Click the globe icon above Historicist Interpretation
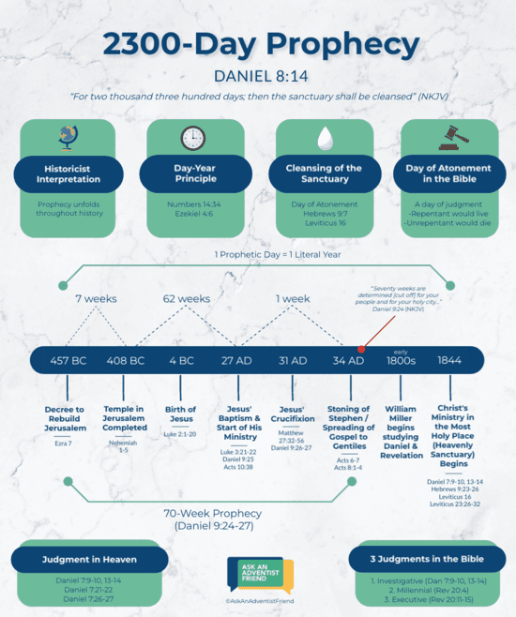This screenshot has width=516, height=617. click(69, 137)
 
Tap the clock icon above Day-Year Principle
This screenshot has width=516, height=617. click(193, 138)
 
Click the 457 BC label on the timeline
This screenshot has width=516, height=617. click(69, 360)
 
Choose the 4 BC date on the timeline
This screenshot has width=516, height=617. click(181, 360)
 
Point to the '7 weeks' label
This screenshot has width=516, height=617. click(96, 298)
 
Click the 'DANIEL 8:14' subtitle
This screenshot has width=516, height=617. click(258, 74)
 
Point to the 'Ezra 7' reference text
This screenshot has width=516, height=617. click(64, 443)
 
